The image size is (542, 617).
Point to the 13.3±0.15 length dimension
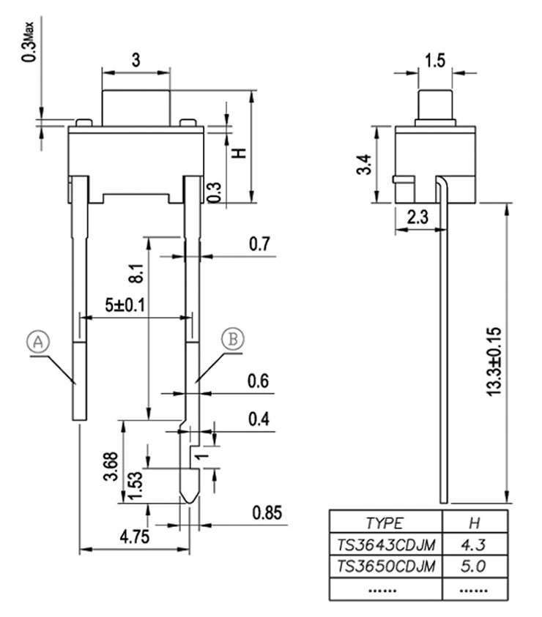(x=493, y=361)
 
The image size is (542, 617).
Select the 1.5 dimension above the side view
(x=434, y=61)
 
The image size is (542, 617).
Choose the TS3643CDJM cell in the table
(x=386, y=545)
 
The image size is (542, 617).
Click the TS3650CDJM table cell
(x=386, y=566)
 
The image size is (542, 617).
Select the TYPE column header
(x=385, y=523)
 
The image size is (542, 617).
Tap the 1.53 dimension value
(x=133, y=485)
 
